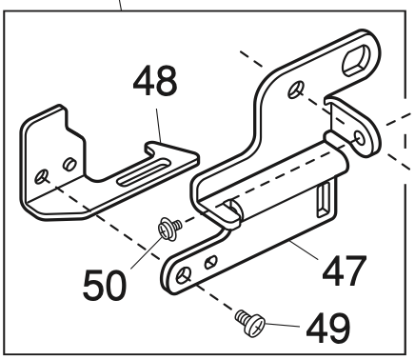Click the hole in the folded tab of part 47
point(357,141)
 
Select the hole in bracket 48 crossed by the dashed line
point(44,176)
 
